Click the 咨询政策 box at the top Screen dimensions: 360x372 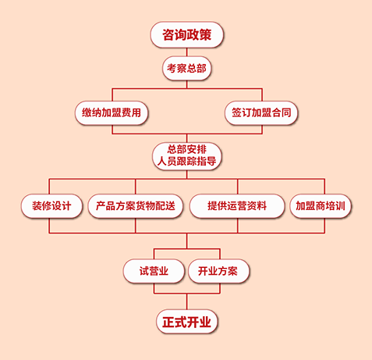pos(186,34)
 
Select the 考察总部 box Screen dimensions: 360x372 pos(186,68)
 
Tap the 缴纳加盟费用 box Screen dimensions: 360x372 pos(112,112)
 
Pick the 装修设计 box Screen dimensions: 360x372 pos(51,206)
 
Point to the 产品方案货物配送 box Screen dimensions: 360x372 pos(136,206)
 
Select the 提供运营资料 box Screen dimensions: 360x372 pos(237,206)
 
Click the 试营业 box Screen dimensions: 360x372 pos(154,271)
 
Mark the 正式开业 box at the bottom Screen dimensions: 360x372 pos(186,321)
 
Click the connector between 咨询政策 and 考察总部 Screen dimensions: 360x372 pos(186,52)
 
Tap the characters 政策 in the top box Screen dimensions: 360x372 pos(203,34)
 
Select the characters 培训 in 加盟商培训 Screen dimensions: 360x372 pos(337,206)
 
